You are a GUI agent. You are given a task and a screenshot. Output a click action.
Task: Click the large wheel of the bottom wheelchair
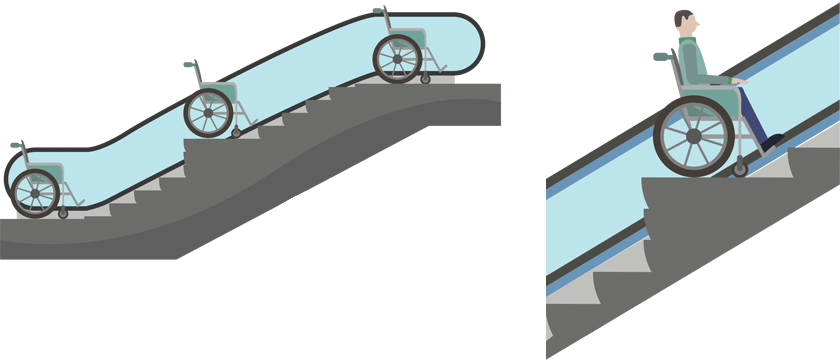click(x=38, y=192)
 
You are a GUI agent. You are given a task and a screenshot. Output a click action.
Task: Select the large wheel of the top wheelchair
click(x=398, y=59)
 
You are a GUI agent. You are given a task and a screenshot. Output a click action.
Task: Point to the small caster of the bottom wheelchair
click(x=64, y=213)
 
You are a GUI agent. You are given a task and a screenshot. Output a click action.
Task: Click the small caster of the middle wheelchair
click(x=236, y=132)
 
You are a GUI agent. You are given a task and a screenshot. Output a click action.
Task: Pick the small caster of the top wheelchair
click(x=425, y=79)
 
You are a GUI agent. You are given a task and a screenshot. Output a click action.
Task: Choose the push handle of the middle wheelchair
click(x=188, y=65)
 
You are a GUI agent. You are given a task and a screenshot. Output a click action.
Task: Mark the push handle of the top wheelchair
click(x=377, y=11)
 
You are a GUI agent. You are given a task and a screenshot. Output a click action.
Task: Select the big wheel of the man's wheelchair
click(x=694, y=136)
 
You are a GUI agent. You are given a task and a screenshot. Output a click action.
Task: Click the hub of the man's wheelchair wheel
click(x=694, y=136)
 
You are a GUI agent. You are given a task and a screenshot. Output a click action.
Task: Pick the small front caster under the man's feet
click(x=740, y=171)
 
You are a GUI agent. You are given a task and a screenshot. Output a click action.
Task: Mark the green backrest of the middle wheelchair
click(x=229, y=93)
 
